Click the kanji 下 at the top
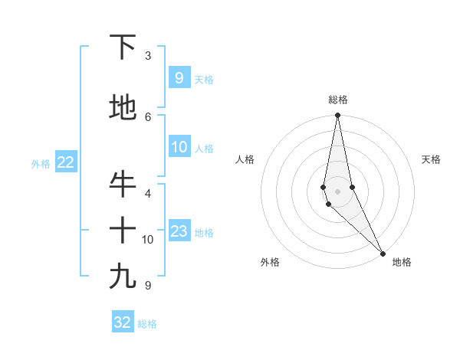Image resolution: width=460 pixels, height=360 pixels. point(123,47)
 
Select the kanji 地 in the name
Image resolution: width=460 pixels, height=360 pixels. point(123,108)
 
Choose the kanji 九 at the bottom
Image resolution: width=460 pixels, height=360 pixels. point(123,277)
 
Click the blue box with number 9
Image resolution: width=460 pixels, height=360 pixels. point(179,77)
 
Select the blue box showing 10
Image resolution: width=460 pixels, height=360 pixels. point(179,147)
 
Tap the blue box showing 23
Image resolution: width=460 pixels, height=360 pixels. point(179,231)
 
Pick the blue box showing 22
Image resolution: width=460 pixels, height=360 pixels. point(65,162)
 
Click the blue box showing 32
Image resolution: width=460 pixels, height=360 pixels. point(123,322)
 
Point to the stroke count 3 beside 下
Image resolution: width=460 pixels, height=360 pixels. point(148,56)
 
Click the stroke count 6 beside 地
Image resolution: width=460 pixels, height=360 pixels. point(148,116)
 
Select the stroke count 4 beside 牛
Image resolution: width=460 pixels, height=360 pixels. point(148,193)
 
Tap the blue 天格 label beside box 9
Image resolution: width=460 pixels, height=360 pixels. point(204,79)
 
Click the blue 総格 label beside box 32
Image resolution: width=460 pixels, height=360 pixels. point(147,324)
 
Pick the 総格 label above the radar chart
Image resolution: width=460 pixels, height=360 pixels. point(338,100)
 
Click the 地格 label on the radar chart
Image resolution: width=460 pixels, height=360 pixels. point(402,262)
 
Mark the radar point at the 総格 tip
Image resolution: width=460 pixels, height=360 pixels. point(338,116)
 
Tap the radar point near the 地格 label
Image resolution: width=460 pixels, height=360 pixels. point(382,252)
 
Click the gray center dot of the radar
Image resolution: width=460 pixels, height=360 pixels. point(338,191)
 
